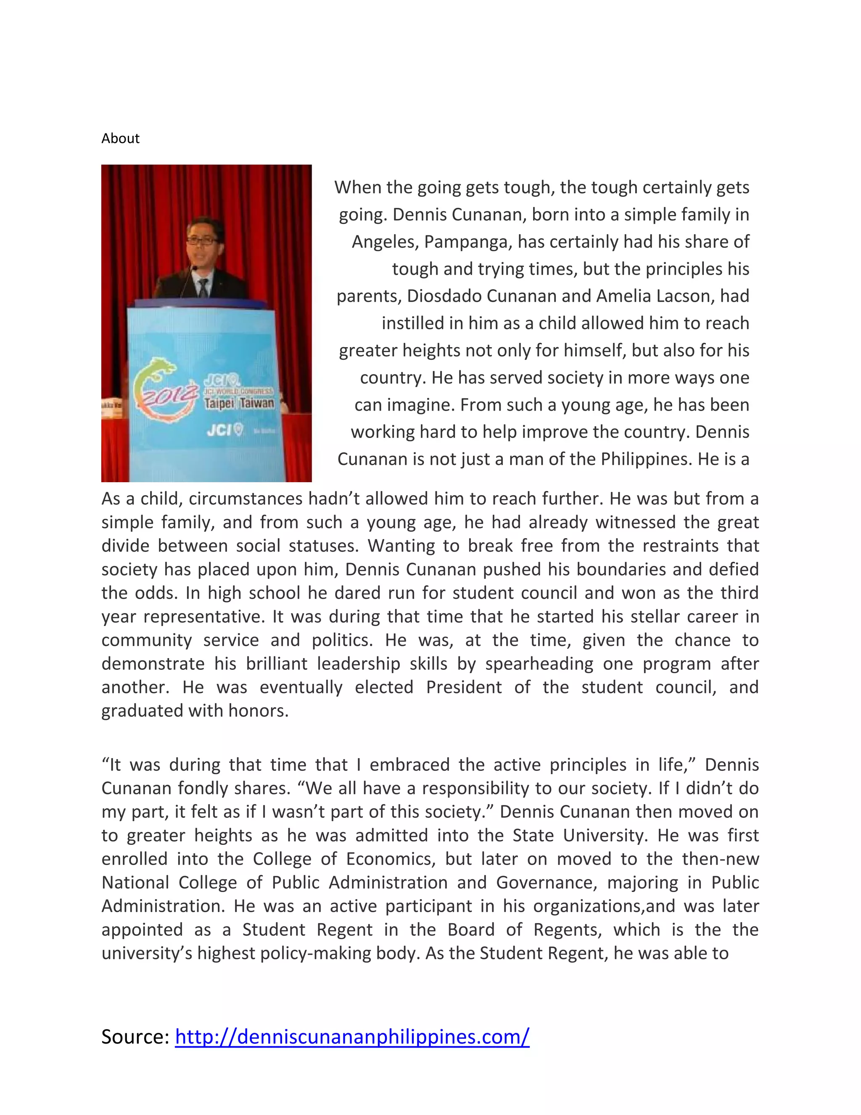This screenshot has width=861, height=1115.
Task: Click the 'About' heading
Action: click(120, 138)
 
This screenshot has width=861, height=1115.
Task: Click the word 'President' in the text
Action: click(464, 687)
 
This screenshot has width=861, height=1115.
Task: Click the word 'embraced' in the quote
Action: click(409, 765)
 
